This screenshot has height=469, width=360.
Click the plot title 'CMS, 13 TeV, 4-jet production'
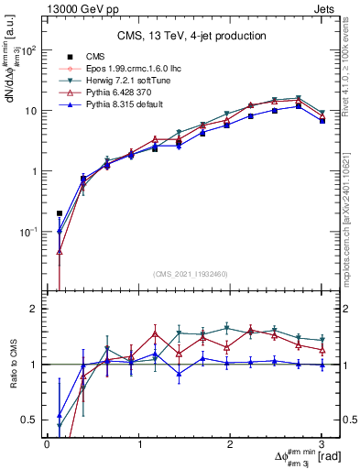point(191,37)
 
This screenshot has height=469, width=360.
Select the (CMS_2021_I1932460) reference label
point(191,273)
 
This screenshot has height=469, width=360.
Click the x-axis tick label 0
point(47,444)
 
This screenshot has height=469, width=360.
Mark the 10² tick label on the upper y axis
point(29,50)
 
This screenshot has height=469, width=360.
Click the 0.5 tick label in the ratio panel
point(32,420)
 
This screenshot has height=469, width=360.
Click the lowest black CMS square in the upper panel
point(60,213)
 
